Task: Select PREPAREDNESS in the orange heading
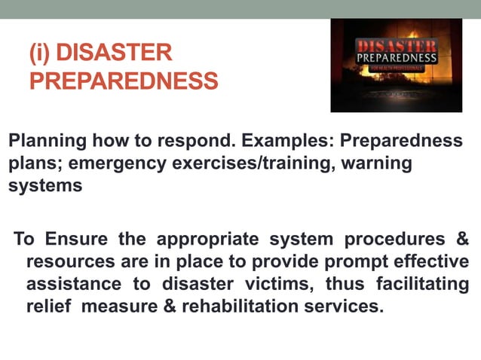(124, 80)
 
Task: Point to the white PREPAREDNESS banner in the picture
(396, 57)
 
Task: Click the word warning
(376, 163)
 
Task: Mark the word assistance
(74, 285)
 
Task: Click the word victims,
(277, 285)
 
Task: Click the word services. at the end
(346, 307)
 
